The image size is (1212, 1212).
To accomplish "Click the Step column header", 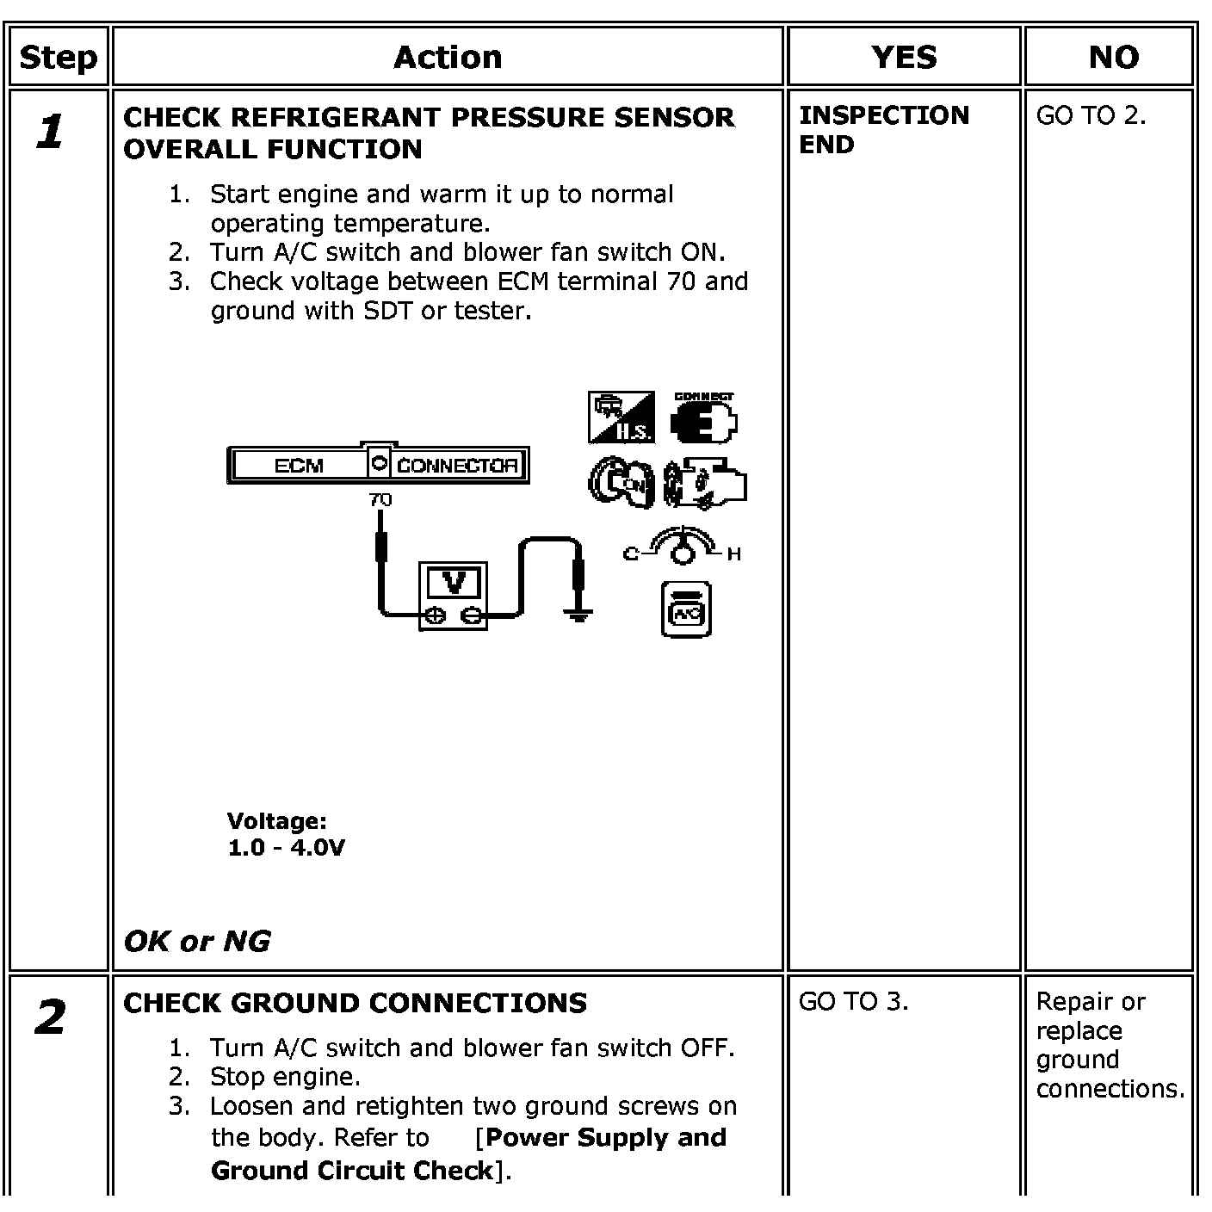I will coord(58,58).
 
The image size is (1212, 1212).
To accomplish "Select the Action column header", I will coord(448,58).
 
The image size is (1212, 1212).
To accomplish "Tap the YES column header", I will coord(903,58).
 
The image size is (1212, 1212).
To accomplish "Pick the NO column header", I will coord(1113,58).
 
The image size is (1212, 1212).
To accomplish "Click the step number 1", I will coord(51,133).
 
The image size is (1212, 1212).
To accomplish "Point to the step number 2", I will coord(51,1018).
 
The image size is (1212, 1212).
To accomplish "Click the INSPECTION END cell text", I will coord(883,130).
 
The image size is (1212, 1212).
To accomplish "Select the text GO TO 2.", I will coord(1091,115).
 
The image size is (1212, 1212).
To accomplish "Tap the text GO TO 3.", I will coord(853,1002).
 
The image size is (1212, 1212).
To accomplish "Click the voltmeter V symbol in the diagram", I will coord(453,584).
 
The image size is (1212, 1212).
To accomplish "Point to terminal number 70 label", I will coord(380,499).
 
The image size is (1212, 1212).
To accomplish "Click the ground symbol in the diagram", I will coord(578,615).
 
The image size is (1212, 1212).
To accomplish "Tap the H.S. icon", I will coord(621,418).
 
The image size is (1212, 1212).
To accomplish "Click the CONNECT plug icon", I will coord(704,419).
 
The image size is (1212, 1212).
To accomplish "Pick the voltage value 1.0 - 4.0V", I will coord(286,848).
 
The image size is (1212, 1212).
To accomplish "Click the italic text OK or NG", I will coord(196,941).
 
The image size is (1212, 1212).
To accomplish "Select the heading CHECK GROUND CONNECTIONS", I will coord(355,1003).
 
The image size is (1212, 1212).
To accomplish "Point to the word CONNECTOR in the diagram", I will coord(457,466).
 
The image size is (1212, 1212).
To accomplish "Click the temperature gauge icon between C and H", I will coord(682,548).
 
